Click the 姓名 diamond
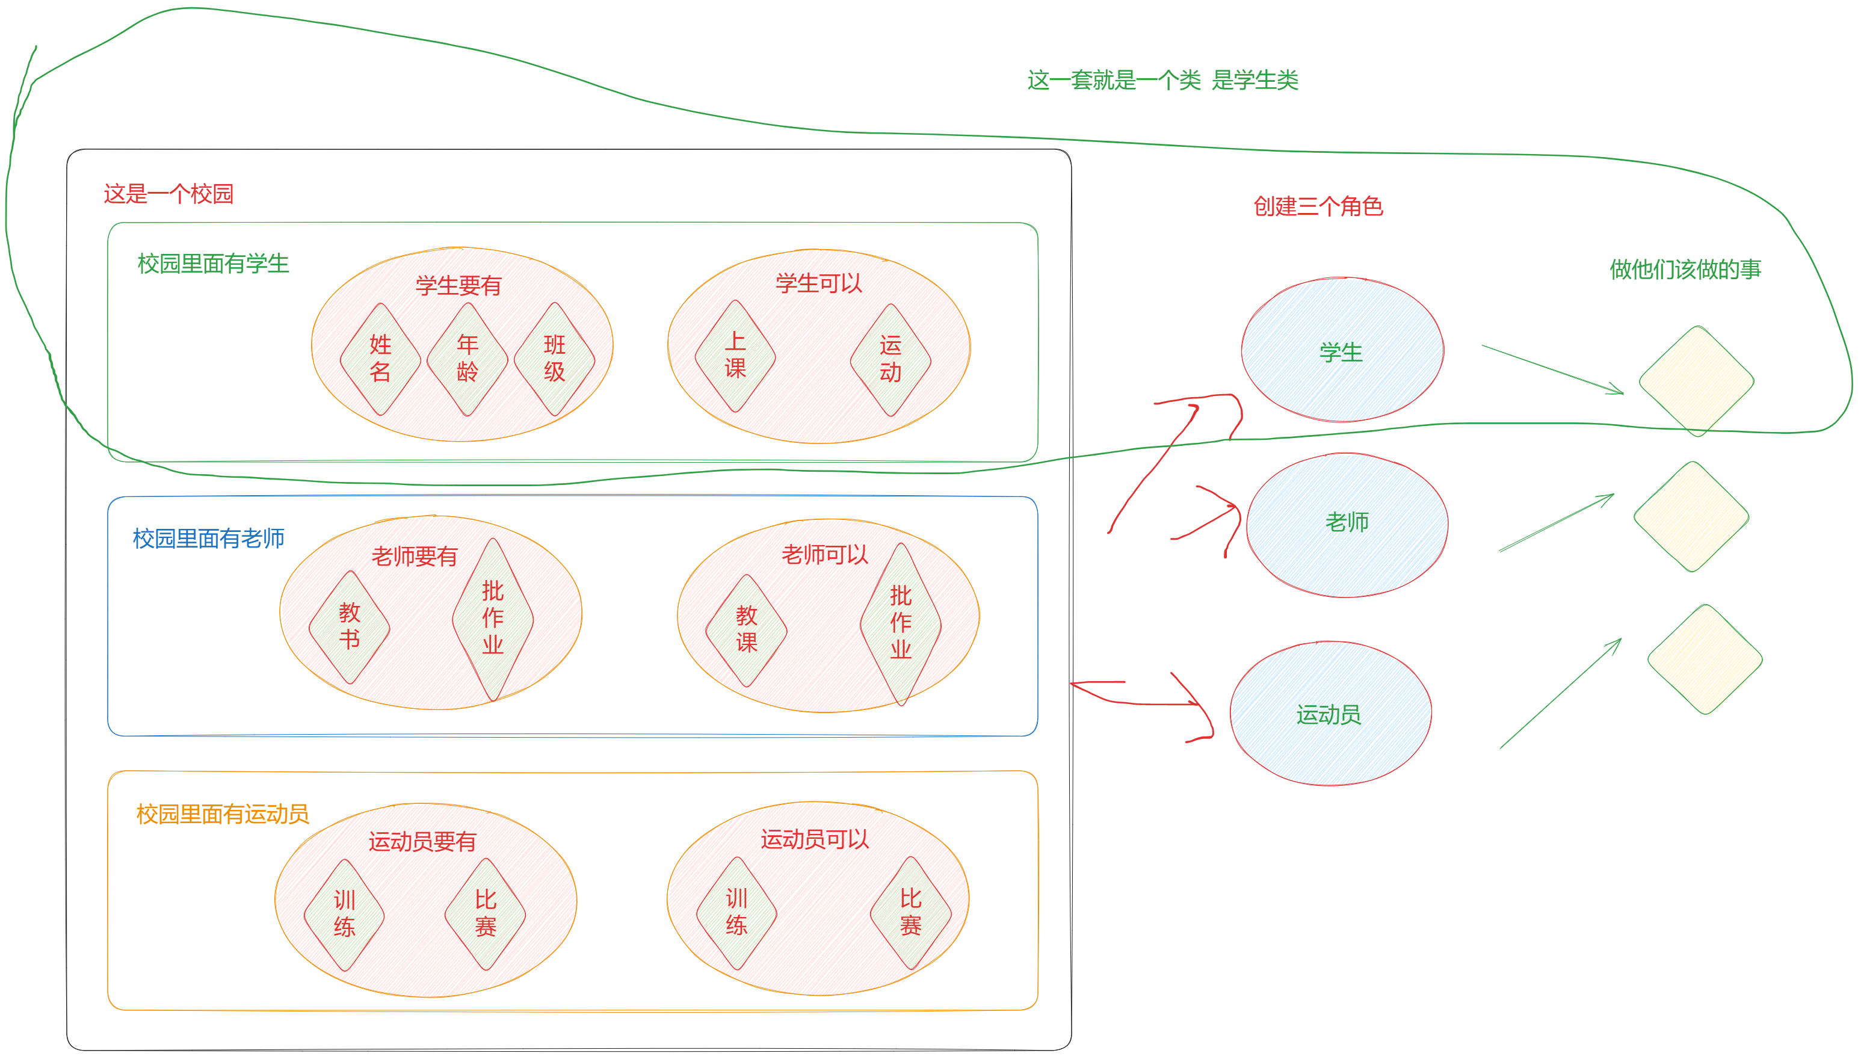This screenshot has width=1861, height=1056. tap(381, 359)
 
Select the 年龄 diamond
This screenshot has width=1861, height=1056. tap(468, 359)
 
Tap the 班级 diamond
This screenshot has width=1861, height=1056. tap(555, 359)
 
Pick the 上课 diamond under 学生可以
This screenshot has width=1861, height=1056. tap(735, 356)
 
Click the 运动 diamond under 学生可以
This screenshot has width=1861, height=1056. tap(890, 360)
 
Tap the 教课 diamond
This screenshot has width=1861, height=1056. tap(746, 630)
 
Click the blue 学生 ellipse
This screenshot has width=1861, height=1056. tap(1342, 350)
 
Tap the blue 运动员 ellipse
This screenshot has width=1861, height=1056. tap(1331, 714)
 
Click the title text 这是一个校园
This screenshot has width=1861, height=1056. tap(168, 194)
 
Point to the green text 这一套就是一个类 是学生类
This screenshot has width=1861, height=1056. tap(1162, 80)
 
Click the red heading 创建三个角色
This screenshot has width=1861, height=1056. tap(1318, 206)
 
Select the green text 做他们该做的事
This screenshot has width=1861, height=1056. tap(1685, 269)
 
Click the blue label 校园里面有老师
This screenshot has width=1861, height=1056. tap(209, 538)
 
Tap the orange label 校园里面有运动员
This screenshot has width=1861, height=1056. tap(223, 814)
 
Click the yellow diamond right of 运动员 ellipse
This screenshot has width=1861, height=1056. tap(1705, 659)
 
